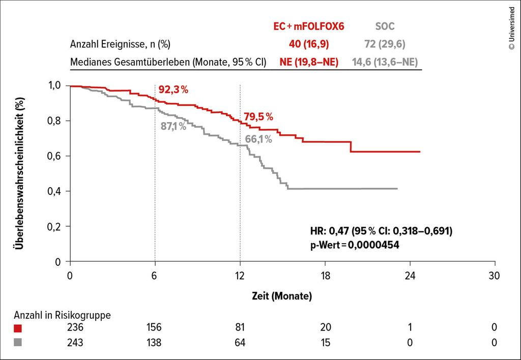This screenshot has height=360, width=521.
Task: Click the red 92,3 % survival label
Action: (173, 90)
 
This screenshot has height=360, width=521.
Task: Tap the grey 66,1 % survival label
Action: (258, 138)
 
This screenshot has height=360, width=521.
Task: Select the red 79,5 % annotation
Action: (258, 116)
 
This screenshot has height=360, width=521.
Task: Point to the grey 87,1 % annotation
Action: (173, 126)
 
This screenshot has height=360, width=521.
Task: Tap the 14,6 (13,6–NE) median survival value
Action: (386, 62)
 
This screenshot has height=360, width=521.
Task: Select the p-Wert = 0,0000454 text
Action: (354, 245)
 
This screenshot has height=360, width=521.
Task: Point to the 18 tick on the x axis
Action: (325, 275)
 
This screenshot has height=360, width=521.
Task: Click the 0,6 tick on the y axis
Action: (54, 156)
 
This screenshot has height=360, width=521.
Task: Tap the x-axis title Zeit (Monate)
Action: (281, 295)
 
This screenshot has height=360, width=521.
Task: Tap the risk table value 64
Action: (240, 343)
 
